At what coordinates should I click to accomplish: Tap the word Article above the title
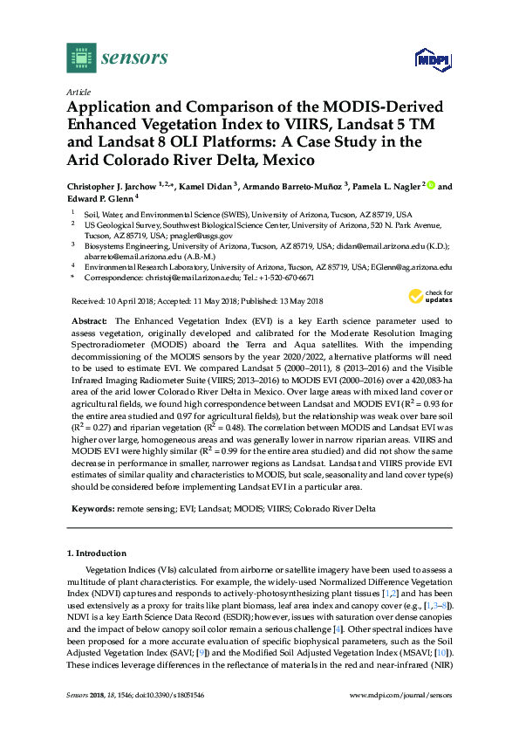click(78, 92)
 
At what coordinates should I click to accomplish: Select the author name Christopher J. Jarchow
click(119, 186)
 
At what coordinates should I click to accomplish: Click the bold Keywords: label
click(91, 506)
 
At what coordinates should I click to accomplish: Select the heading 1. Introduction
click(97, 553)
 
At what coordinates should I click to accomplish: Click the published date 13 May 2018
click(297, 301)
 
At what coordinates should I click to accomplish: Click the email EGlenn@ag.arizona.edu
click(410, 267)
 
